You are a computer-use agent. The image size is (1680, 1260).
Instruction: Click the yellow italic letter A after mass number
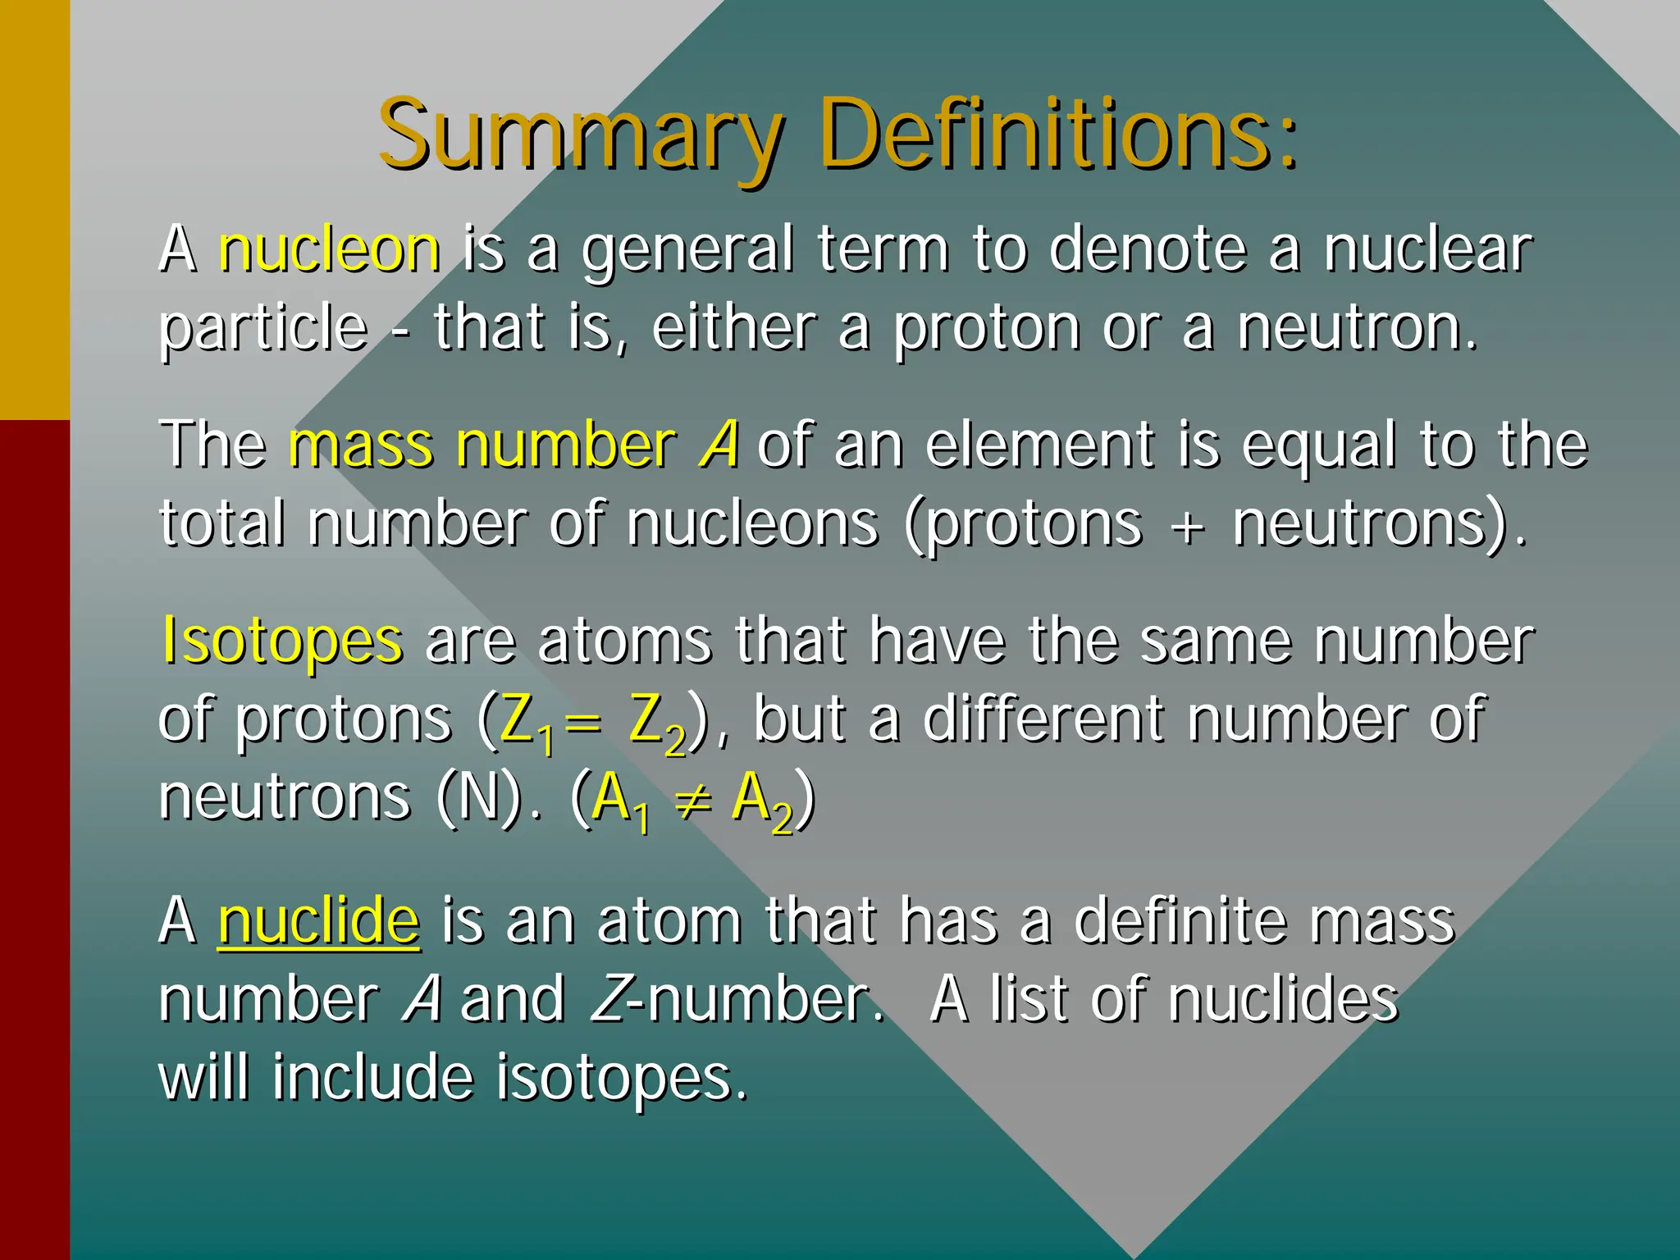coord(719,445)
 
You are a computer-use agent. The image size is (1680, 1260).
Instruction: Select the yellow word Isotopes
coord(282,640)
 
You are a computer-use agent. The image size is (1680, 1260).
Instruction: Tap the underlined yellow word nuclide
coord(319,921)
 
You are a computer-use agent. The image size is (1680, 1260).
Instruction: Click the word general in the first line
coord(687,250)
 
